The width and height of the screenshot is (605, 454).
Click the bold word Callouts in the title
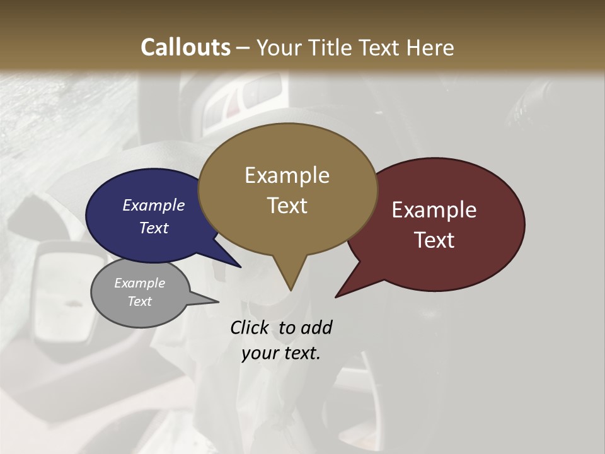tap(185, 48)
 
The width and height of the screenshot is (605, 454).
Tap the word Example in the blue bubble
tap(153, 205)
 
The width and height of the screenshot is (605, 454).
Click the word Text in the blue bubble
tap(153, 228)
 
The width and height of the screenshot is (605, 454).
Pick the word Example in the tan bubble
tap(287, 175)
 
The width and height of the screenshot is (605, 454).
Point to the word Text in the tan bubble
tap(287, 206)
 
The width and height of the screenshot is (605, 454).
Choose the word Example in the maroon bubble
tap(434, 210)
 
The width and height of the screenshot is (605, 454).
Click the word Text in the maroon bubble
tap(434, 240)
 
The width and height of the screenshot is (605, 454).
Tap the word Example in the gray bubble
tap(139, 283)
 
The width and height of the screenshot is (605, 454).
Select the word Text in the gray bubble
tap(139, 301)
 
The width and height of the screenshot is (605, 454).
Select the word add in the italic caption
tap(316, 328)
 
